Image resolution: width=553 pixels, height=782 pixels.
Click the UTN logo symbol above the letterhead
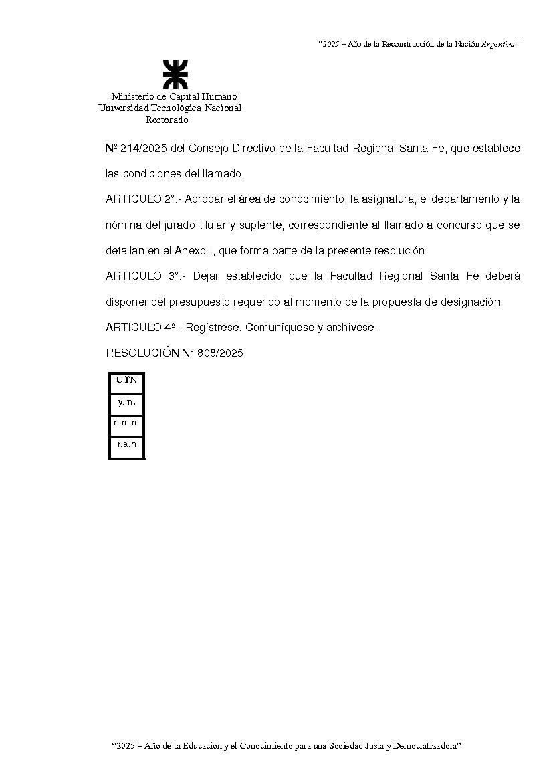coord(175,74)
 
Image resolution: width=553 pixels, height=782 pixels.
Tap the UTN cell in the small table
coord(126,380)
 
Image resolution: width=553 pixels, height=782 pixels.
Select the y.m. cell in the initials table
coord(126,402)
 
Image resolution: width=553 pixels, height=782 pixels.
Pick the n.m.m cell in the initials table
coord(126,423)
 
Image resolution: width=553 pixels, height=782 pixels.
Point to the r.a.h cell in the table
coord(126,444)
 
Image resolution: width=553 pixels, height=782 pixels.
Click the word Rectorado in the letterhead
coord(167,120)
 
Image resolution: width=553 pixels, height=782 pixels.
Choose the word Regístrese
coord(211,328)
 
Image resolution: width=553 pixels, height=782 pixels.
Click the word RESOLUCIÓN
coord(142,353)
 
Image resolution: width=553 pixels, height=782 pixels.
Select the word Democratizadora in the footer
coord(425,745)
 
